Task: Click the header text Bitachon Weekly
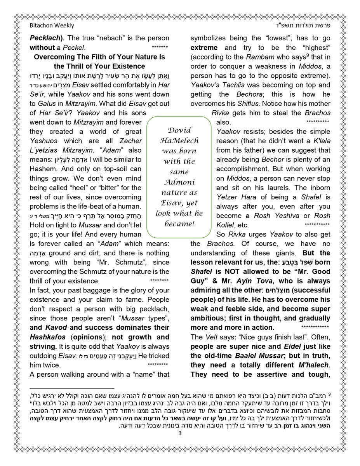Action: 52,26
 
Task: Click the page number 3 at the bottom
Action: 180,433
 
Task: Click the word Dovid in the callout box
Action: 179,130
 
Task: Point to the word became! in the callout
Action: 179,224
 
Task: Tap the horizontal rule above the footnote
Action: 72,388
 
